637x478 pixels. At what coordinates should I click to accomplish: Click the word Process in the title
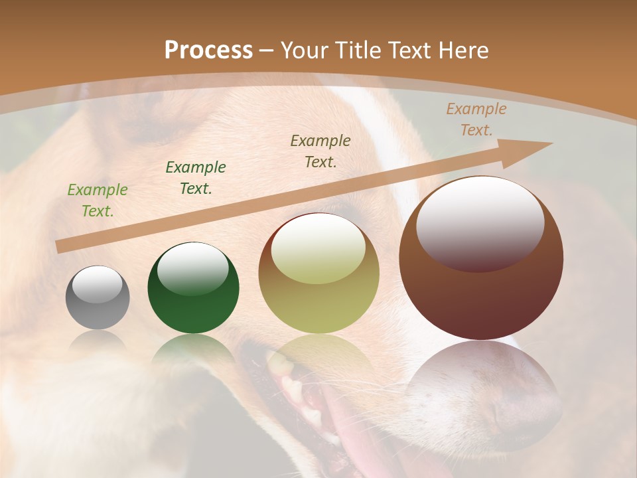(208, 50)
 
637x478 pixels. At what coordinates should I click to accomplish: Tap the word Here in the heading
(463, 50)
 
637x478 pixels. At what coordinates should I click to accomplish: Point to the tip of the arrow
(551, 143)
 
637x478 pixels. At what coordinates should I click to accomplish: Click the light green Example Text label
(98, 200)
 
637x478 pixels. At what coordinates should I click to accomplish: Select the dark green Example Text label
(196, 178)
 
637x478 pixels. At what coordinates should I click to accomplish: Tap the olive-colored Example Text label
(320, 151)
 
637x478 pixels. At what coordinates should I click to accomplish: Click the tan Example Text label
(476, 119)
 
